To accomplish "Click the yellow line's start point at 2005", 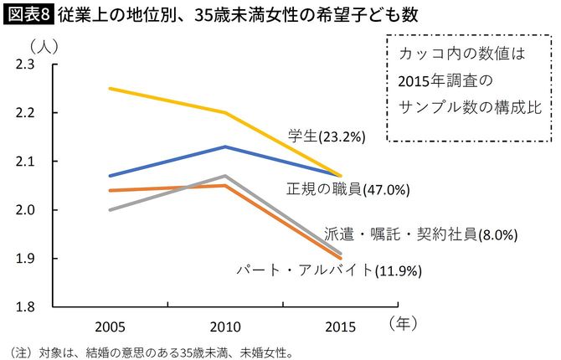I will (111, 88).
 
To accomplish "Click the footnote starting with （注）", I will (150, 351).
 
